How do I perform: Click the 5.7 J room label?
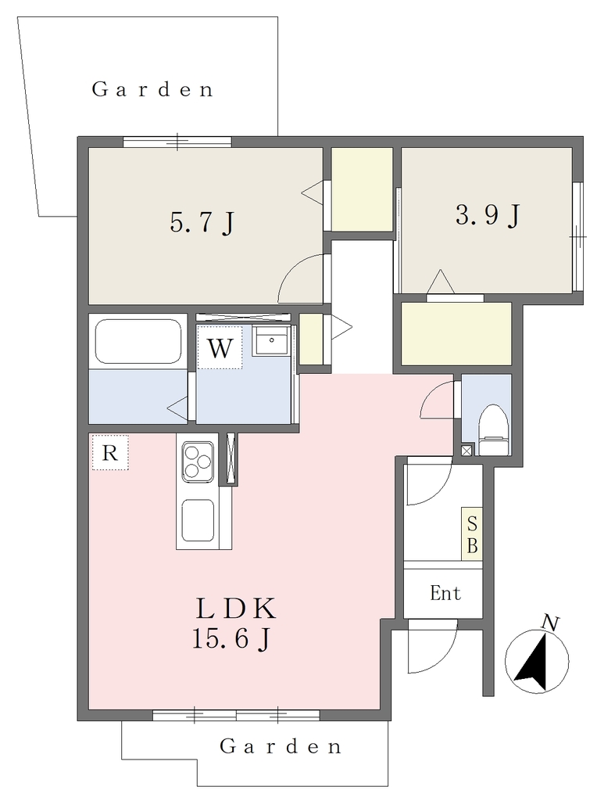pos(202,223)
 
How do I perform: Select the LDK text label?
pos(236,609)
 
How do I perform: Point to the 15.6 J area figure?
pos(231,638)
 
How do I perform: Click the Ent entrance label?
pos(445,593)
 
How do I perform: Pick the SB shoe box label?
pos(472,534)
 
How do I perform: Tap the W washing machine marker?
pos(220,348)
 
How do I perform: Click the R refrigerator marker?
pos(109,452)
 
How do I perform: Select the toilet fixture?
pos(494,430)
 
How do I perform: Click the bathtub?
pos(138,341)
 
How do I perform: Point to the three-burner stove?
pos(198,461)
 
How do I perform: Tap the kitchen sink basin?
pos(198,519)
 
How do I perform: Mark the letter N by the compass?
pos(550,623)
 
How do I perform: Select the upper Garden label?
pos(152,89)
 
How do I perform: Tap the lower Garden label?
pos(280,746)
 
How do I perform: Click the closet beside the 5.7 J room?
pos(362,189)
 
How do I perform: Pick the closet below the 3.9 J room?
pos(456,333)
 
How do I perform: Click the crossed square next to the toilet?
pos(467,451)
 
